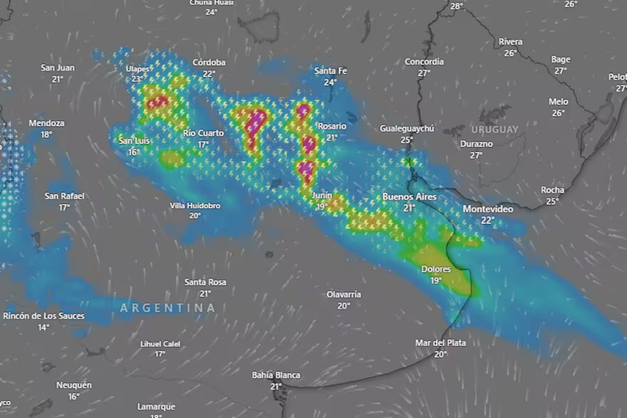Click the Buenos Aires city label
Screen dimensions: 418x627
coord(409,197)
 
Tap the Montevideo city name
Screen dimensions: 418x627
coord(487,209)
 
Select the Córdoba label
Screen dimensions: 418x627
coord(209,63)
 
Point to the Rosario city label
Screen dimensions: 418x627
coord(332,127)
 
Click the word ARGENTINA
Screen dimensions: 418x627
coord(167,308)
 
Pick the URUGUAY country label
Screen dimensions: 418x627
coord(495,129)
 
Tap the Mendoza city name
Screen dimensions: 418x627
coord(47,123)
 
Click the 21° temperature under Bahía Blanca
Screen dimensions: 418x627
coord(276,387)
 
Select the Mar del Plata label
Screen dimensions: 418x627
coord(440,343)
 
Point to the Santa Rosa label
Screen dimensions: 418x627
coord(205,283)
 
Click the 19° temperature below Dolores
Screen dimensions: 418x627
coord(436,280)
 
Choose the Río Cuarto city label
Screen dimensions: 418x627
coord(203,133)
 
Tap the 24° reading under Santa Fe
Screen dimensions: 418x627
coord(330,82)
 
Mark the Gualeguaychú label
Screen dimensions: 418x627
coord(407,129)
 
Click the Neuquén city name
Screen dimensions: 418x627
coord(74,386)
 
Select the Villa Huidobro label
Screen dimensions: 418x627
coord(195,206)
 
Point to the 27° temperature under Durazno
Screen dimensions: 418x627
coord(476,155)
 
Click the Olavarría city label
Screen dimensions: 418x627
coord(343,295)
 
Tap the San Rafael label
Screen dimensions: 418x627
coord(64,196)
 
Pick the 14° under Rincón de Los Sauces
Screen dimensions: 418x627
coord(43,327)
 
